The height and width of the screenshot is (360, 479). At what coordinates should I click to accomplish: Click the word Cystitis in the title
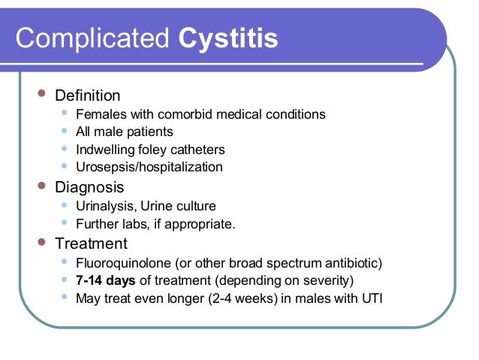tap(229, 39)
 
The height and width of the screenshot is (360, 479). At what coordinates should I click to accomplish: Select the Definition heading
tap(87, 95)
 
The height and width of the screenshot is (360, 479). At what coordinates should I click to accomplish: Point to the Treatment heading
tap(91, 244)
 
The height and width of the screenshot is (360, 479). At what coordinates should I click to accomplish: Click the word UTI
tap(371, 298)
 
